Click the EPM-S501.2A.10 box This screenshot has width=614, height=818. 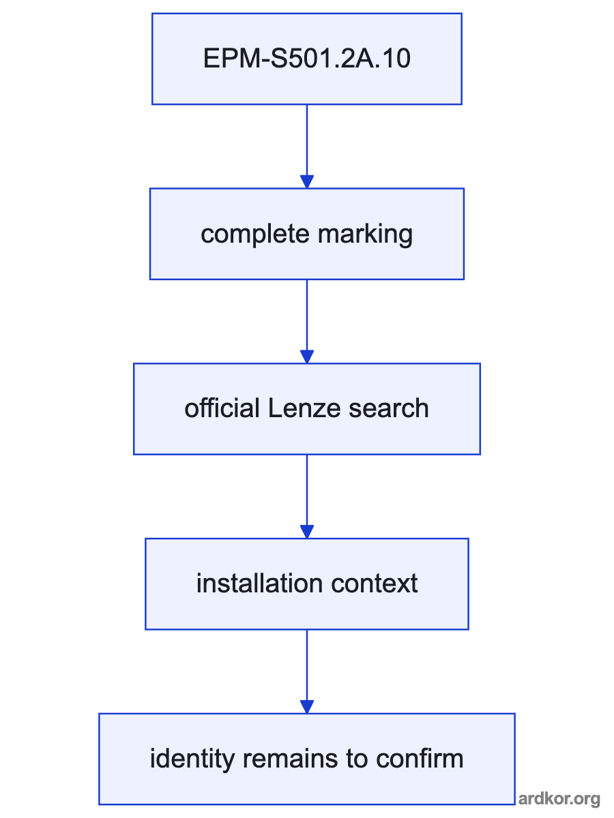click(x=307, y=59)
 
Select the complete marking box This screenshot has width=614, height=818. click(x=307, y=234)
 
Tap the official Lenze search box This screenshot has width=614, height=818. click(x=307, y=409)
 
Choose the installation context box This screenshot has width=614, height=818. click(x=307, y=584)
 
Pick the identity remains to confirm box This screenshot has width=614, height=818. click(x=307, y=759)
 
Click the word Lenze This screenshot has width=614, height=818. click(x=304, y=408)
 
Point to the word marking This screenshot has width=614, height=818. click(x=365, y=234)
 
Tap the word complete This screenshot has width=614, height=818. click(x=255, y=234)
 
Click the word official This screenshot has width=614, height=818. click(x=222, y=408)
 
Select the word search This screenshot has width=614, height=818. click(x=388, y=408)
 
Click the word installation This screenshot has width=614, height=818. click(x=259, y=583)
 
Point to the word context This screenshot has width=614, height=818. click(x=375, y=584)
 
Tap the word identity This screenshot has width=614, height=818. click(x=192, y=759)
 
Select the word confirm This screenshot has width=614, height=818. click(x=420, y=758)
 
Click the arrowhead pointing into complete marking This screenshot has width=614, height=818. click(x=307, y=181)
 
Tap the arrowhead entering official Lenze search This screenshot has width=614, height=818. click(x=307, y=357)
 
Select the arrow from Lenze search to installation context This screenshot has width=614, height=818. click(x=307, y=496)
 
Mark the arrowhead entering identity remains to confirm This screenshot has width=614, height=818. click(x=307, y=707)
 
